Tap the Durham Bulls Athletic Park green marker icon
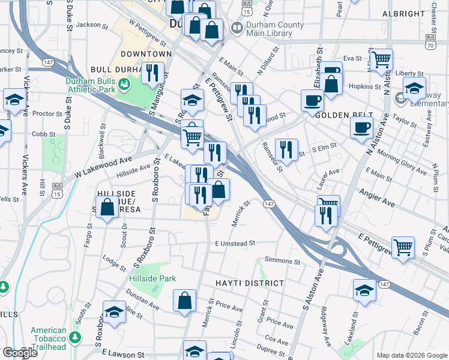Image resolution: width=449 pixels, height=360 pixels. click(124, 86)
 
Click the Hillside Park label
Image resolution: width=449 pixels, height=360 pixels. click(152, 278)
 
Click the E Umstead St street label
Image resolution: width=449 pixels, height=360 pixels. click(235, 244)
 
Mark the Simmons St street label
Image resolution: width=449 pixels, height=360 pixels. click(282, 262)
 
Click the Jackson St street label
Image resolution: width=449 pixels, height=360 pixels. click(92, 25)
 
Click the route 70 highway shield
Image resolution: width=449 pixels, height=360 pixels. click(430, 45)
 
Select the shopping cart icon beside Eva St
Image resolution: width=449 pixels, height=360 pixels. click(382, 60)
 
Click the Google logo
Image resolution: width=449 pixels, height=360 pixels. click(20, 353)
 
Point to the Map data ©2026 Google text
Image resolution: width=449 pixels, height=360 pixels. click(412, 355)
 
